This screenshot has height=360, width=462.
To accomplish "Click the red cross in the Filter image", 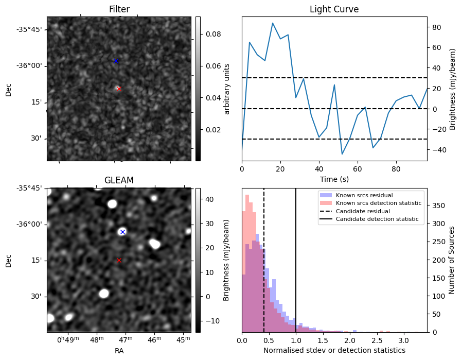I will click(x=119, y=89).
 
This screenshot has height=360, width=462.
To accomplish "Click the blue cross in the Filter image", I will click(x=116, y=61).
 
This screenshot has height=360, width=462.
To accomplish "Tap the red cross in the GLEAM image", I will click(x=119, y=260).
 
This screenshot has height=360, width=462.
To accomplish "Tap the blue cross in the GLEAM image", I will click(x=122, y=232).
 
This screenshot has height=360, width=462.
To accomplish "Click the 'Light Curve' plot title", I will click(x=334, y=9).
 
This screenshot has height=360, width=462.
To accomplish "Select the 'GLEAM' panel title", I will click(x=119, y=180).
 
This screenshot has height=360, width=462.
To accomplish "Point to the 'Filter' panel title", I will click(x=119, y=9).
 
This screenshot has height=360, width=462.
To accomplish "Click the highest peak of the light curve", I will click(x=273, y=23).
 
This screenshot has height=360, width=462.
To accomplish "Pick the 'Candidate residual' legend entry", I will click(x=363, y=211).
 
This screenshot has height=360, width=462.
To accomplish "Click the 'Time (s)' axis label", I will click(x=334, y=178).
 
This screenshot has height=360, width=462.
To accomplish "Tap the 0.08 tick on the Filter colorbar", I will click(x=211, y=34).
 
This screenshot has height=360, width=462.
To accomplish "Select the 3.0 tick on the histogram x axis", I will click(x=404, y=340).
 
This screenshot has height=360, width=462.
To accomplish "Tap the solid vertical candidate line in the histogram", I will click(x=296, y=268).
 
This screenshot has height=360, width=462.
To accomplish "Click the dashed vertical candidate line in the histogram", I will click(x=264, y=268).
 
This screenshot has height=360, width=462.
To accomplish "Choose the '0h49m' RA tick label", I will click(x=68, y=340).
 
